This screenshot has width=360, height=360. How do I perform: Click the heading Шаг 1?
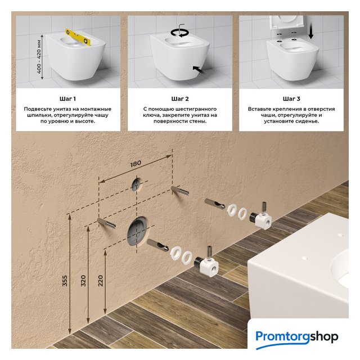67,99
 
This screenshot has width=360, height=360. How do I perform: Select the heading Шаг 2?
180,99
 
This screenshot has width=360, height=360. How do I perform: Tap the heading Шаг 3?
291,99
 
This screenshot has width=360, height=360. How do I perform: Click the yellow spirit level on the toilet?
78,37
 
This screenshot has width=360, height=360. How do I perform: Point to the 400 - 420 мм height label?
39,57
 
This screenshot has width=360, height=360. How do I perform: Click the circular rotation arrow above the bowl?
179,33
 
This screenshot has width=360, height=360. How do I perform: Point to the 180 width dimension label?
136,164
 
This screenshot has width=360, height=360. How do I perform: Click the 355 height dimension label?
65,281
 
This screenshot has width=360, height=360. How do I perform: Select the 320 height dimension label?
83,281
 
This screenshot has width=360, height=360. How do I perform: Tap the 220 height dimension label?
101,281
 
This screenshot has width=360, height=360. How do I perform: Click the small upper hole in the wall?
137,184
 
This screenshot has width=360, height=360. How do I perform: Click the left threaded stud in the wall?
106,223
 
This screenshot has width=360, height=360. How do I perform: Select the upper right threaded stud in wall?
180,191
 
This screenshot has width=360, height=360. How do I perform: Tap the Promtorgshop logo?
296,337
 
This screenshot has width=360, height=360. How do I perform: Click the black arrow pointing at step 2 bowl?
199,70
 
